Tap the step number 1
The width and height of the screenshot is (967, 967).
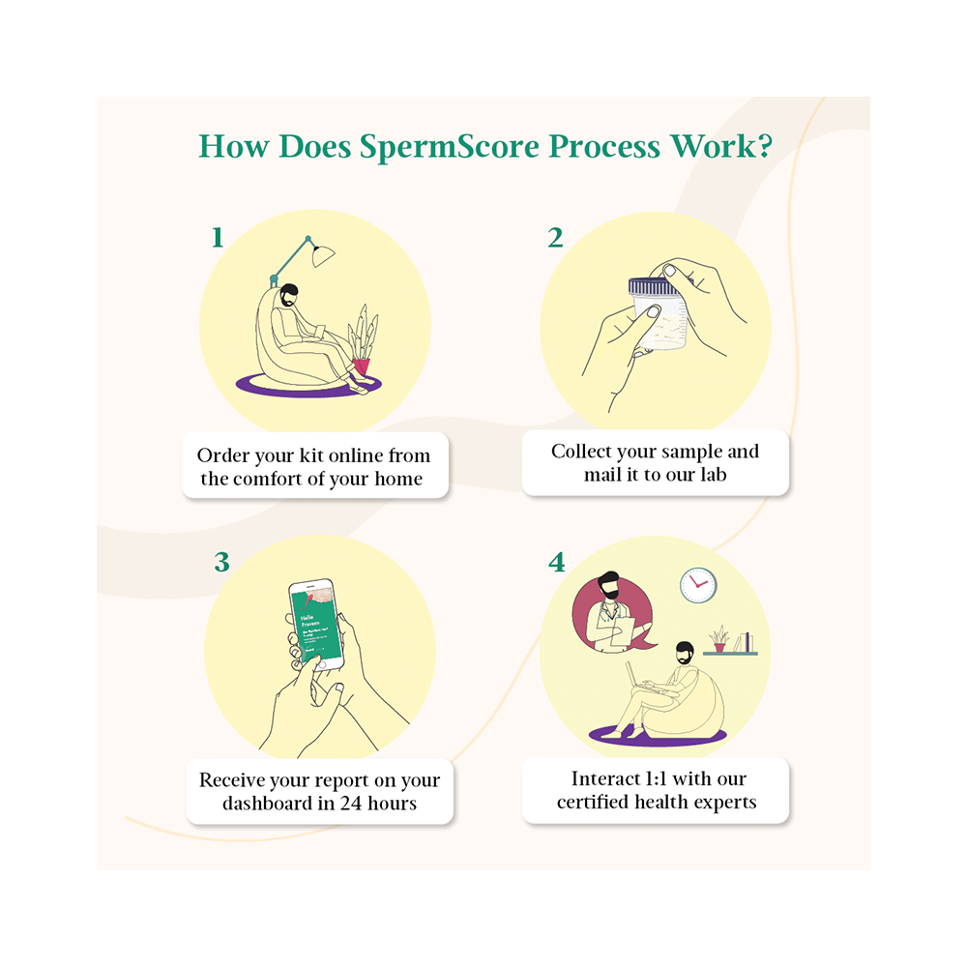pos(218,237)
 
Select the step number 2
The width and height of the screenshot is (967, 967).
pos(555,237)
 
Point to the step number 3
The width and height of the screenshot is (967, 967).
pos(221,562)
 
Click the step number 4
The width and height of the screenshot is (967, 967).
pos(556,562)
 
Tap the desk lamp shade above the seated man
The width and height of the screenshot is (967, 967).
pos(324,254)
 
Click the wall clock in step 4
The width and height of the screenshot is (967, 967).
pos(697,585)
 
